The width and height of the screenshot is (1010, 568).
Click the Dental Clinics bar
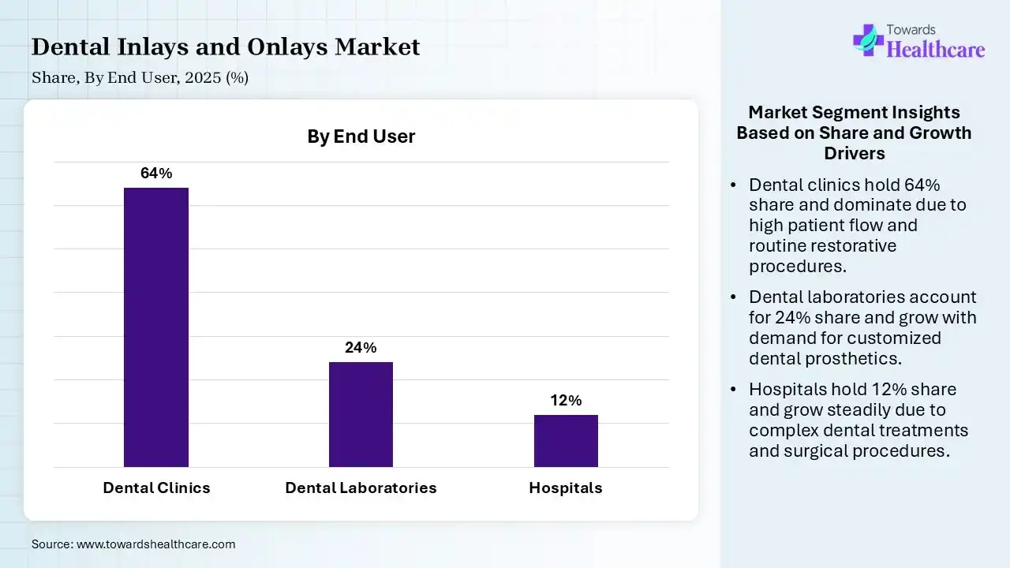[x=156, y=327]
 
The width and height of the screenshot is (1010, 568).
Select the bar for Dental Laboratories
[x=361, y=414]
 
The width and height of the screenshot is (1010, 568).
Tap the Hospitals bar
[x=566, y=441]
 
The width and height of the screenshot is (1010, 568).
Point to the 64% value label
[x=156, y=174]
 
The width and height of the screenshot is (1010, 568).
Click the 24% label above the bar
[x=361, y=348]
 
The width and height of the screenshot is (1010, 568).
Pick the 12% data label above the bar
[x=566, y=401]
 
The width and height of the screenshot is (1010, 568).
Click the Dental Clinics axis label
[x=156, y=488]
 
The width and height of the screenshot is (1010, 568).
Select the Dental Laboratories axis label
[x=361, y=488]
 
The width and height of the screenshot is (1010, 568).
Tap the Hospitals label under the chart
[x=566, y=488]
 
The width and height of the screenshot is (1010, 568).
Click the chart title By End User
[x=361, y=136]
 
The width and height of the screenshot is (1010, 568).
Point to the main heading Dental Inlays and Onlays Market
[x=226, y=47]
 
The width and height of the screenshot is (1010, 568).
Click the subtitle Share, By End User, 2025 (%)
[x=140, y=78]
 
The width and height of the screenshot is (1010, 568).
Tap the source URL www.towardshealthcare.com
[x=155, y=544]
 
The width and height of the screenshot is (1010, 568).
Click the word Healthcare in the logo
[x=936, y=49]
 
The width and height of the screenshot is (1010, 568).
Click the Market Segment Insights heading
[x=854, y=132]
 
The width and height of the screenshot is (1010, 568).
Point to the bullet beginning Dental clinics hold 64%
[x=857, y=225]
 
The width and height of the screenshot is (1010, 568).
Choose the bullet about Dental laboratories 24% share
[x=862, y=327]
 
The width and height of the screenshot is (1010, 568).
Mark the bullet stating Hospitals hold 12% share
[x=858, y=420]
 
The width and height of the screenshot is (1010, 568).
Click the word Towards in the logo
[x=911, y=29]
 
